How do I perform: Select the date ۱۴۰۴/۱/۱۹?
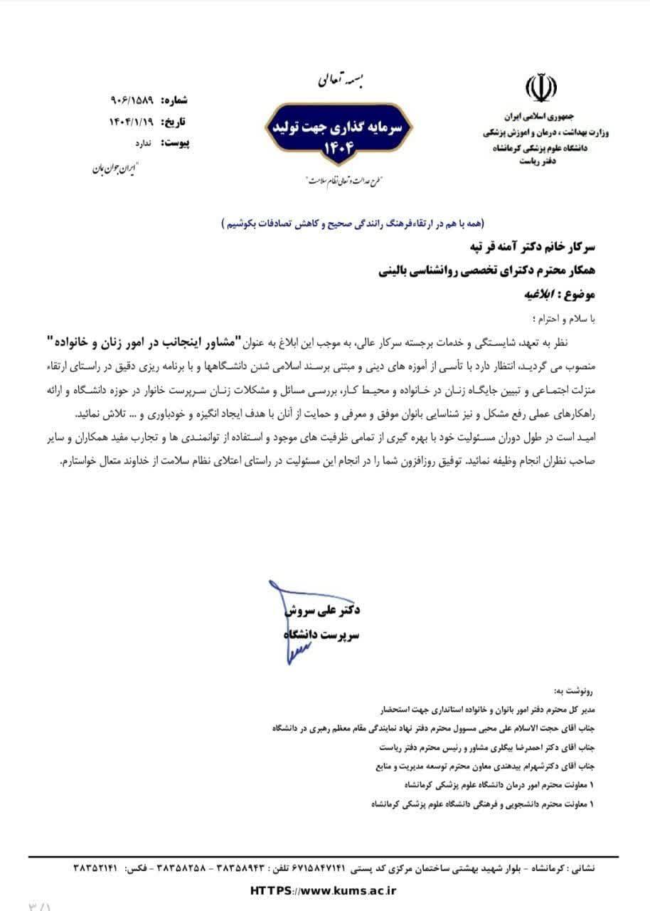tap(132, 120)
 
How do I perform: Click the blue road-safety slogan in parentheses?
tap(351, 223)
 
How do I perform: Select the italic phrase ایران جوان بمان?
tap(114, 169)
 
